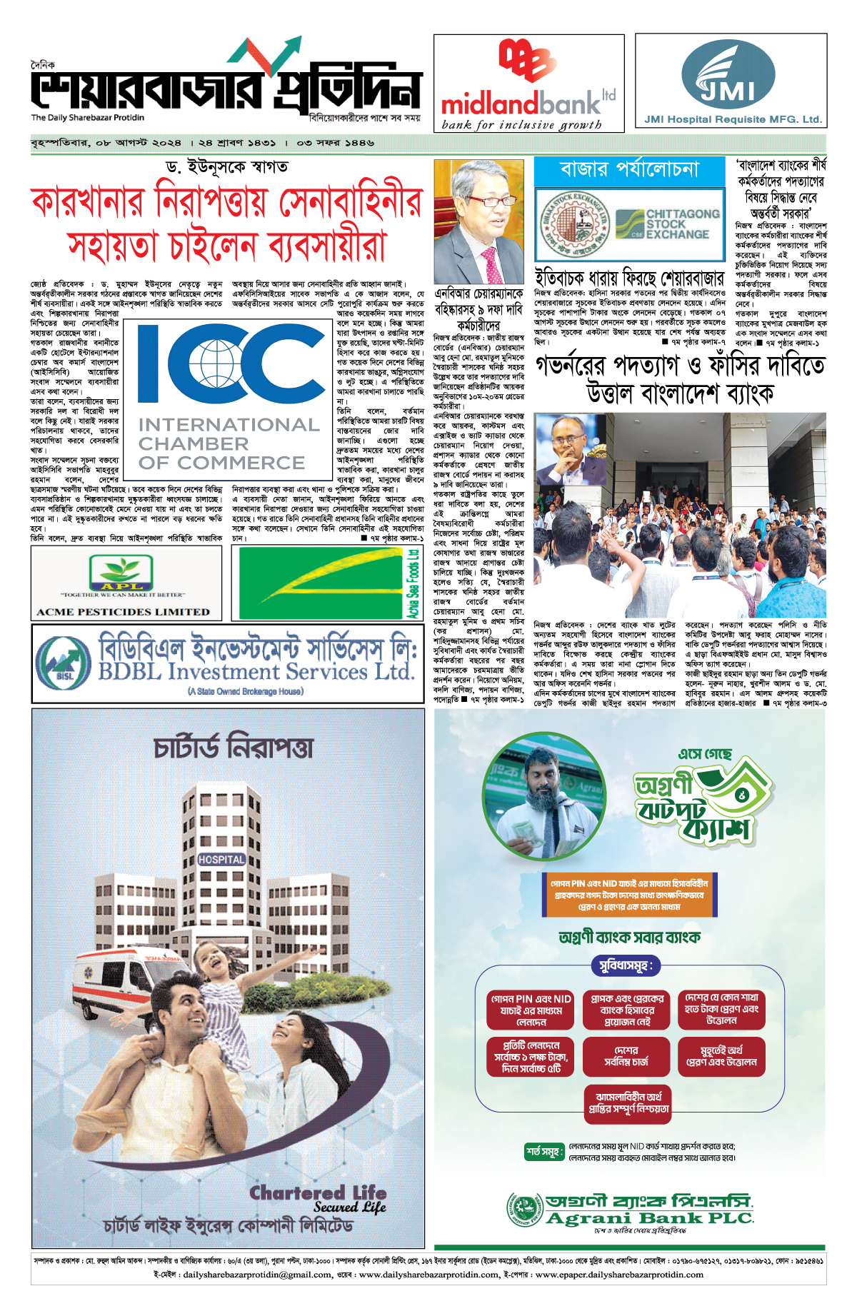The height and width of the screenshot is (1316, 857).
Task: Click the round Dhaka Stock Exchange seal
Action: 576,224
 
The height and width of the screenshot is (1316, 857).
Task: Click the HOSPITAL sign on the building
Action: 221,860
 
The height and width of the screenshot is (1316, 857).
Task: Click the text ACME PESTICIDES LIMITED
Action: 123,612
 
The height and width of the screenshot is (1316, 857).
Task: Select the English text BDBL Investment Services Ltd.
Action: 256,672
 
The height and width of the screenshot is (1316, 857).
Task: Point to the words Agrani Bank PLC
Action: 649,1218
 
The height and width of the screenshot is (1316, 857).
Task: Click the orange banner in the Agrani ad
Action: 629,895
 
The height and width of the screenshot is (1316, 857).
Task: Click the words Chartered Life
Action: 318,1193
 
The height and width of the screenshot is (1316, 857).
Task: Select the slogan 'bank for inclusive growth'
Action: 521,125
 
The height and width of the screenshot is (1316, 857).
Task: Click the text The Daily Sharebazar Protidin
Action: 87,118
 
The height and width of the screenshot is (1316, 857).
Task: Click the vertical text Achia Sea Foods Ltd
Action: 413,583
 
